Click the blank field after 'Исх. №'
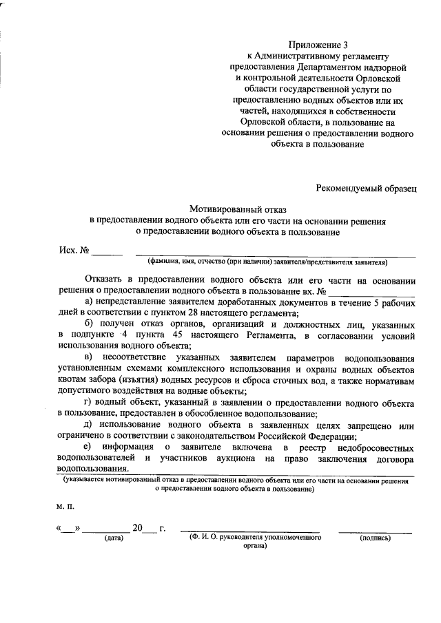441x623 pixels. pos(107,252)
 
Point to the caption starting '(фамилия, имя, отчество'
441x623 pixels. pos(267,262)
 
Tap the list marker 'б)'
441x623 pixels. pos(90,324)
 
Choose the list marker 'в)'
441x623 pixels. pos(88,358)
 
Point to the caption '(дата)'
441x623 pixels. pos(112,538)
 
